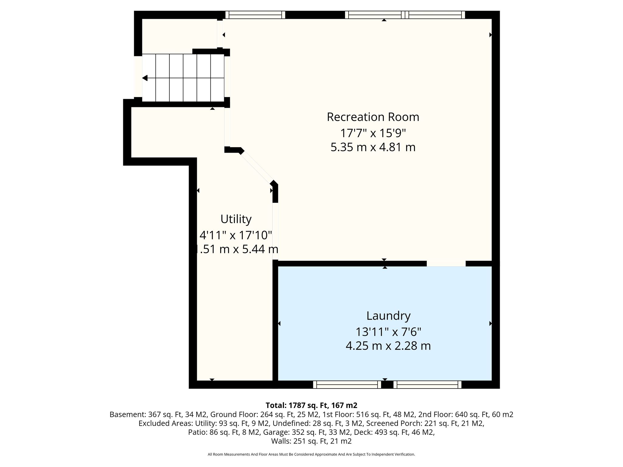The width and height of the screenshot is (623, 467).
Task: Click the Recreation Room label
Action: click(373, 117)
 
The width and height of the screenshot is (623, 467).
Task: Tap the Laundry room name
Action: click(388, 316)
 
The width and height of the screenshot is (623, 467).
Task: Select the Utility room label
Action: click(236, 219)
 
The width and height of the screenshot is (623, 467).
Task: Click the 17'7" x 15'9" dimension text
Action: click(373, 133)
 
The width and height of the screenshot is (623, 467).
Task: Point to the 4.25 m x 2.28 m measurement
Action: click(388, 346)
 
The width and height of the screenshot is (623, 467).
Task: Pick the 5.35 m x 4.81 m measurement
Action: click(373, 147)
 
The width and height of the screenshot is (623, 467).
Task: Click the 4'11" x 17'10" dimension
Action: click(236, 235)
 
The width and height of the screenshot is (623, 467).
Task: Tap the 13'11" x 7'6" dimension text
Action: click(388, 332)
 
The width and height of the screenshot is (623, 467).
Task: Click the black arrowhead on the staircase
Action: click(145, 78)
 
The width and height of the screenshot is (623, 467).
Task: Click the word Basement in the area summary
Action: click(127, 414)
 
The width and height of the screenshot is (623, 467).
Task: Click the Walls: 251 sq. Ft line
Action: click(311, 441)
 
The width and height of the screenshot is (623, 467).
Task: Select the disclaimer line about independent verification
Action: click(311, 455)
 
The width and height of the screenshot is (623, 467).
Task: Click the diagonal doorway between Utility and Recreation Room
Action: click(257, 167)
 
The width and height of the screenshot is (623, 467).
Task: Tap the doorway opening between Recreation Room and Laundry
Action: click(446, 263)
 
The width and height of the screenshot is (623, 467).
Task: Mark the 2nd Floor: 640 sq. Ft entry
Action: click(466, 414)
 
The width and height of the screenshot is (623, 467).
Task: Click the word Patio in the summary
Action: click(197, 432)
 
